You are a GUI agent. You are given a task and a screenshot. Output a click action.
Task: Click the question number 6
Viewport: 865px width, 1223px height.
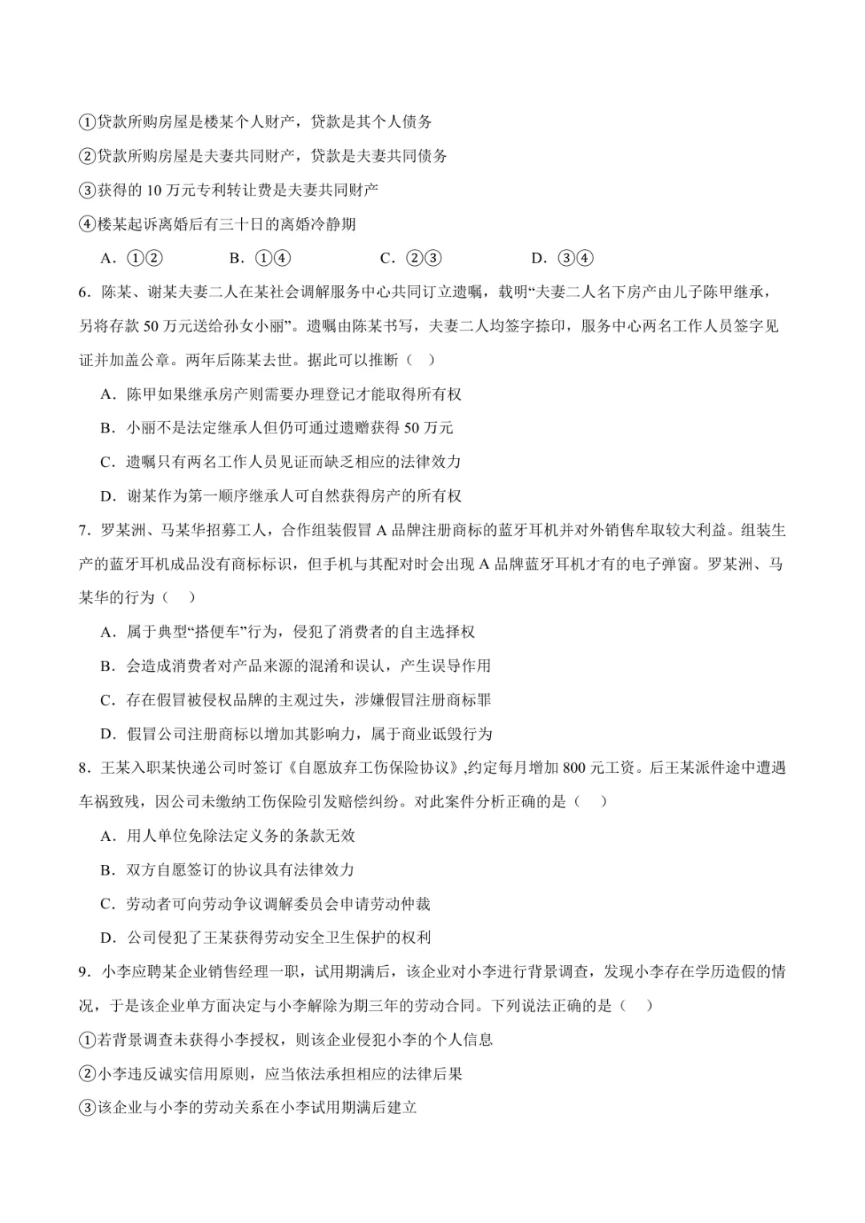pyautogui.click(x=83, y=292)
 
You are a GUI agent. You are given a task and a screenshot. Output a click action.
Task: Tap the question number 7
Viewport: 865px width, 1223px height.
pyautogui.click(x=83, y=530)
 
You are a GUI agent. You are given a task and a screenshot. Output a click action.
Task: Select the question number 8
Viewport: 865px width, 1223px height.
pyautogui.click(x=83, y=768)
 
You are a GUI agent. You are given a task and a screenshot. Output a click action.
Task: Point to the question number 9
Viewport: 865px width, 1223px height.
pyautogui.click(x=83, y=972)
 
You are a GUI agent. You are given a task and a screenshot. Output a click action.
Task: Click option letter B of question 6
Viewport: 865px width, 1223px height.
pyautogui.click(x=107, y=428)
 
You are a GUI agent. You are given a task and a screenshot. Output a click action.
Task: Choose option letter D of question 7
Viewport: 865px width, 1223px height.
pyautogui.click(x=107, y=734)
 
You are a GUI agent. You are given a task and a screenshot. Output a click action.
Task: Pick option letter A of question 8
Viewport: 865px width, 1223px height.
pyautogui.click(x=107, y=836)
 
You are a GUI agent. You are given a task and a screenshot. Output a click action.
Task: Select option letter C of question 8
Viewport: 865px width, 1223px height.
pyautogui.click(x=107, y=904)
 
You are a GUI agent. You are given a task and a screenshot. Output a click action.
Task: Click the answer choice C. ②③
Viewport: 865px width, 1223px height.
pyautogui.click(x=411, y=258)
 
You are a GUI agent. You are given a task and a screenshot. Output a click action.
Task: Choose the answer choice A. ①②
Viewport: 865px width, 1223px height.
pyautogui.click(x=132, y=258)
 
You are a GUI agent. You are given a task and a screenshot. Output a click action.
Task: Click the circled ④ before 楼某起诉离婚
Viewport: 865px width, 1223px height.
pyautogui.click(x=87, y=224)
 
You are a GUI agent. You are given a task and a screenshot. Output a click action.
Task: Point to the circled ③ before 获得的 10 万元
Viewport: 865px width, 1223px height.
pyautogui.click(x=87, y=190)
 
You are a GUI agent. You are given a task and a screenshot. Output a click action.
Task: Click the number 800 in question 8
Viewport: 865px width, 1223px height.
pyautogui.click(x=575, y=768)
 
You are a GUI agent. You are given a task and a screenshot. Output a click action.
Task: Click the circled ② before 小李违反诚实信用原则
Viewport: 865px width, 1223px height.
pyautogui.click(x=87, y=1074)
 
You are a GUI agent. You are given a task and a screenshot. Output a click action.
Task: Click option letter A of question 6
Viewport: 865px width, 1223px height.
pyautogui.click(x=107, y=394)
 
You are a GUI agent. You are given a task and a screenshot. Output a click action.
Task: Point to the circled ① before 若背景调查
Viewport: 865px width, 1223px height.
pyautogui.click(x=87, y=1040)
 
